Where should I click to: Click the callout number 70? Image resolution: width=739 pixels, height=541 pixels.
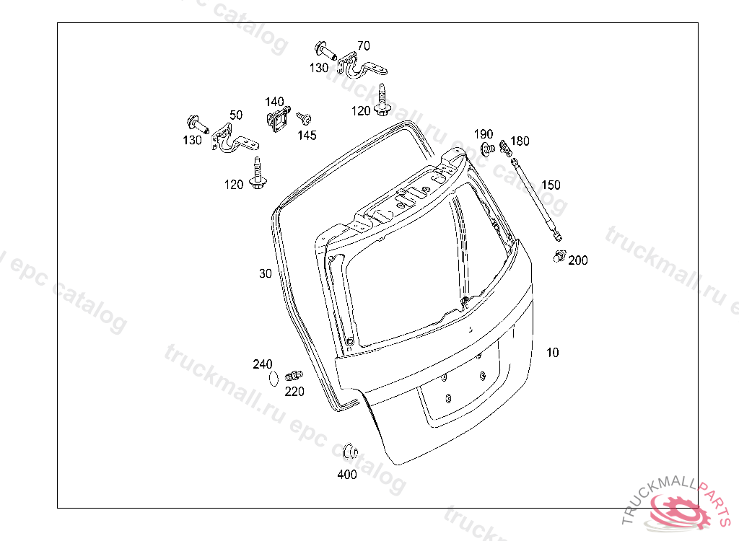pos(364,45)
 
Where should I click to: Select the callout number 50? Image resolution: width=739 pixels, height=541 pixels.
pos(236,115)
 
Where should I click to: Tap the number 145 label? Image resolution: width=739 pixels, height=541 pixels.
pos(307,135)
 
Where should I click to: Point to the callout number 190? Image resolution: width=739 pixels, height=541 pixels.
pos(484,134)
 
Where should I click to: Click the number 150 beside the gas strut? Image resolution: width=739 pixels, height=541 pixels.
pos(551,185)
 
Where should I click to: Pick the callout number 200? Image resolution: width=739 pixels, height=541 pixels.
pos(578,260)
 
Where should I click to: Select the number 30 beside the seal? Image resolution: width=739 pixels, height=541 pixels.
pos(266,273)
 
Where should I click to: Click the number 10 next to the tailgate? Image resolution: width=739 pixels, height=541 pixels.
pos(552,353)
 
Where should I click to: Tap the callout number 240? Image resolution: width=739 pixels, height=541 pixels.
pos(263,364)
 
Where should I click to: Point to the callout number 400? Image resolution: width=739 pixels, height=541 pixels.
pos(347,475)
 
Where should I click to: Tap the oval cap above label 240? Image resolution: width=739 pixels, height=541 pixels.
pos(274,377)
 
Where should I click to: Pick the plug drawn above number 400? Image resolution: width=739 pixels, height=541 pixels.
pos(351,452)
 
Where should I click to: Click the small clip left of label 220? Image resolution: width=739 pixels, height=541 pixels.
pos(294,375)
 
